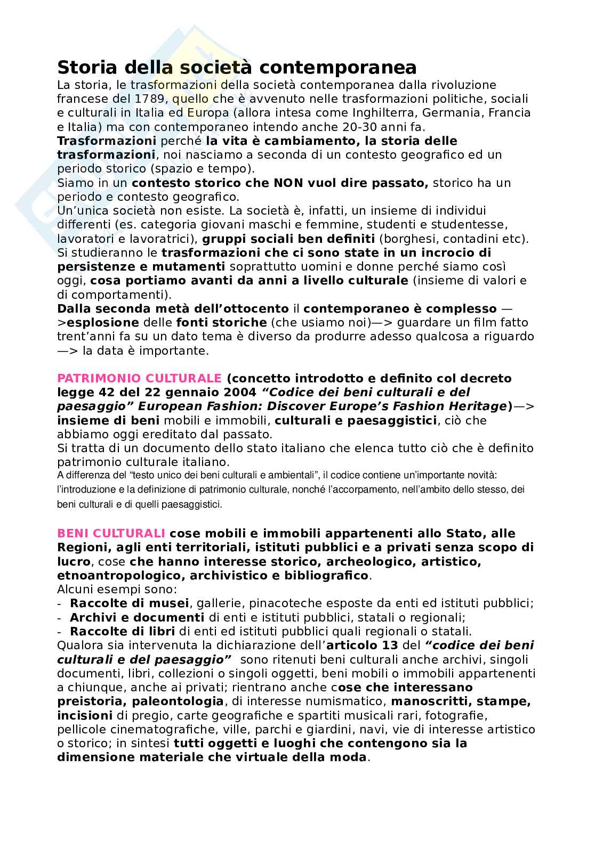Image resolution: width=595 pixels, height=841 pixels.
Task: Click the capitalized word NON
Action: pyautogui.click(x=289, y=183)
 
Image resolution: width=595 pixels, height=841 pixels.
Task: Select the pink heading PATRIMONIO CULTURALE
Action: pyautogui.click(x=139, y=378)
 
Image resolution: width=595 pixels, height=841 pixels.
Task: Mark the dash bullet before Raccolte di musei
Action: pyautogui.click(x=59, y=603)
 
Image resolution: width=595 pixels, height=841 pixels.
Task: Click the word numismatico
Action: pyautogui.click(x=346, y=701)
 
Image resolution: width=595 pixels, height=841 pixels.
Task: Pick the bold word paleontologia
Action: pyautogui.click(x=178, y=701)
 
